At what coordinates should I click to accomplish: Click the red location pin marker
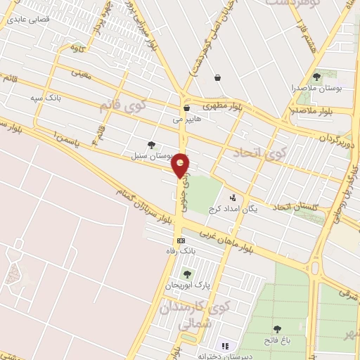[181, 165]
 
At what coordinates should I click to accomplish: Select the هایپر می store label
[187, 120]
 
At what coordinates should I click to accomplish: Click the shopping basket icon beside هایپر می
[186, 108]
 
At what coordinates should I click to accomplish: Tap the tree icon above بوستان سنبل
[151, 144]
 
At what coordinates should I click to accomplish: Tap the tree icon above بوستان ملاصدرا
[316, 76]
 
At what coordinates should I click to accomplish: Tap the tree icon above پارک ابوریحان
[187, 274]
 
